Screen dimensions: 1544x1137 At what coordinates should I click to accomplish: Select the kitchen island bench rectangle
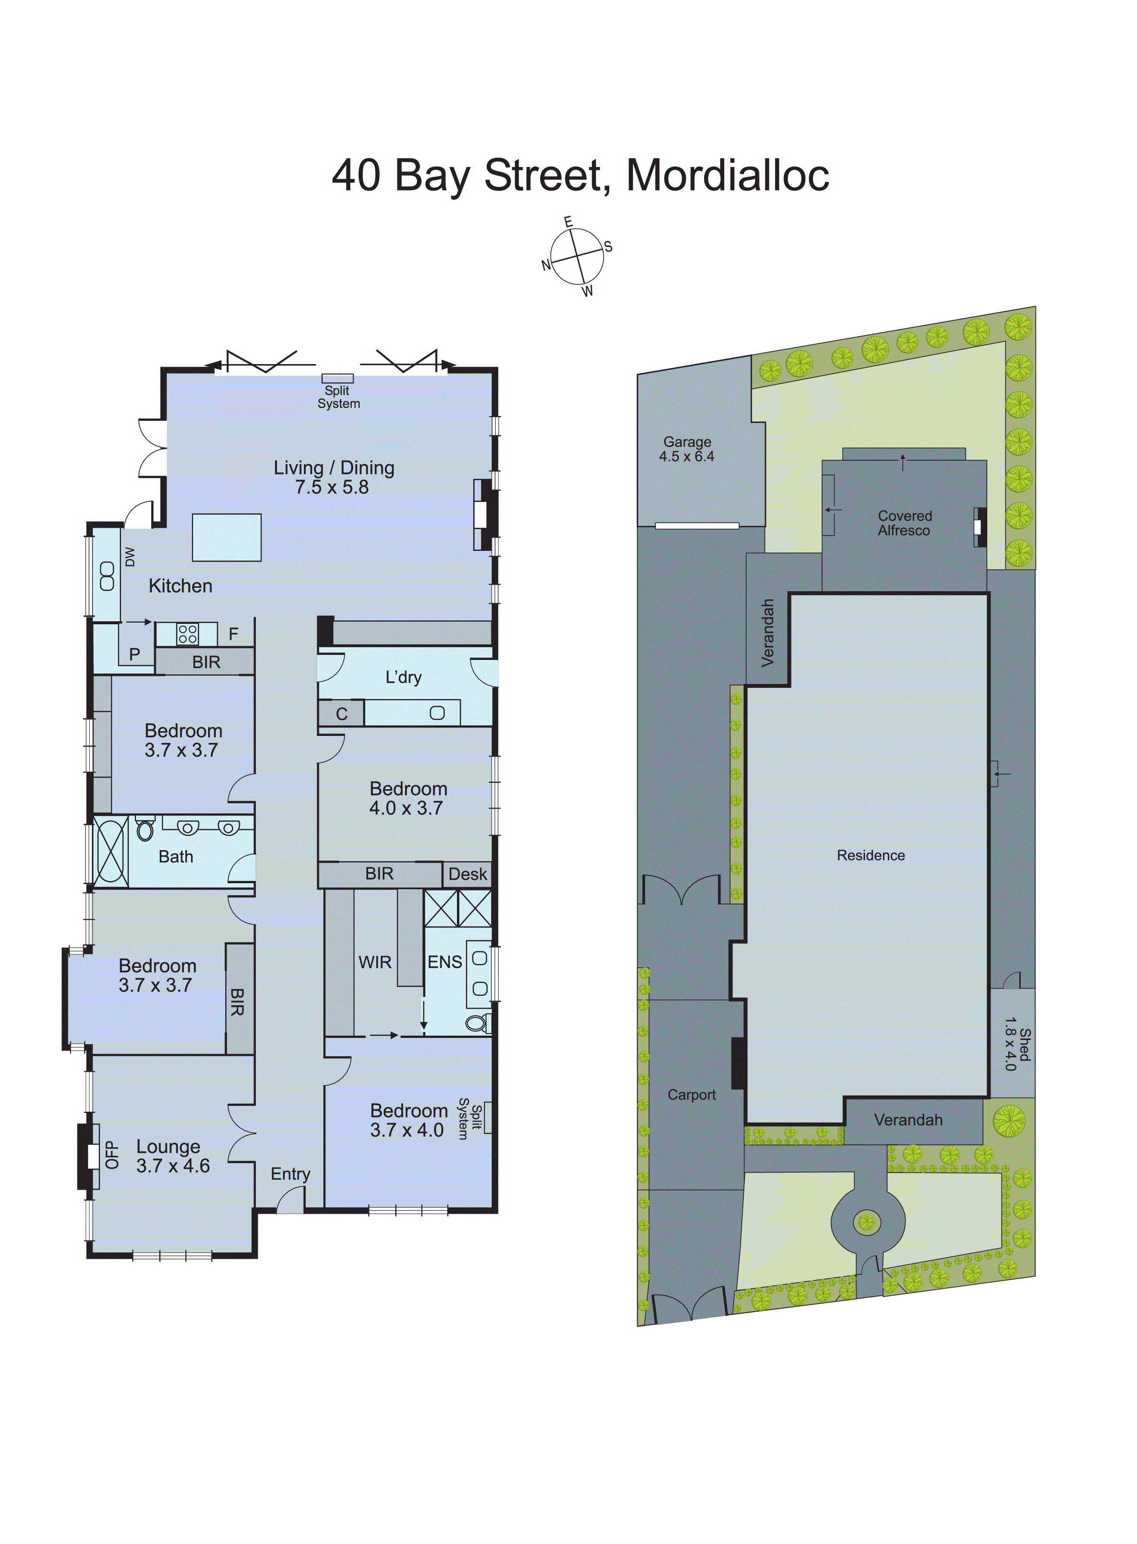click(x=227, y=537)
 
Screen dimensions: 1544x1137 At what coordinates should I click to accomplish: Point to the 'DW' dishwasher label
click(x=130, y=556)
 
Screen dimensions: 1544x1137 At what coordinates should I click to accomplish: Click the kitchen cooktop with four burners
click(x=187, y=634)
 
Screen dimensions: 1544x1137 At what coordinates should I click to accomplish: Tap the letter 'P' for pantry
click(x=135, y=654)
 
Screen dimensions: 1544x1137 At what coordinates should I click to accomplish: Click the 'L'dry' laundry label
click(x=403, y=678)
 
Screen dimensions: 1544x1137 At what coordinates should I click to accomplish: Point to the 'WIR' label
click(x=375, y=962)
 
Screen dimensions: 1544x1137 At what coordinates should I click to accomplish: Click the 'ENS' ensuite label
click(x=445, y=962)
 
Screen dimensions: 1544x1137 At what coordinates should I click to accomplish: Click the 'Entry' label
click(x=290, y=1173)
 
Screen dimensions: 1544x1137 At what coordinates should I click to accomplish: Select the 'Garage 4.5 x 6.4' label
click(x=687, y=449)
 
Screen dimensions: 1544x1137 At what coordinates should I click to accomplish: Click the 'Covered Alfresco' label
click(x=904, y=523)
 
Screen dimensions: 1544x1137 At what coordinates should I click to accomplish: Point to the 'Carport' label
click(x=692, y=1095)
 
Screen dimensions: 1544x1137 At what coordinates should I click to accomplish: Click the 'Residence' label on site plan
click(x=871, y=855)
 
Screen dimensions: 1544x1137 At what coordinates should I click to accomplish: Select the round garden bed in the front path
click(x=867, y=1222)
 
